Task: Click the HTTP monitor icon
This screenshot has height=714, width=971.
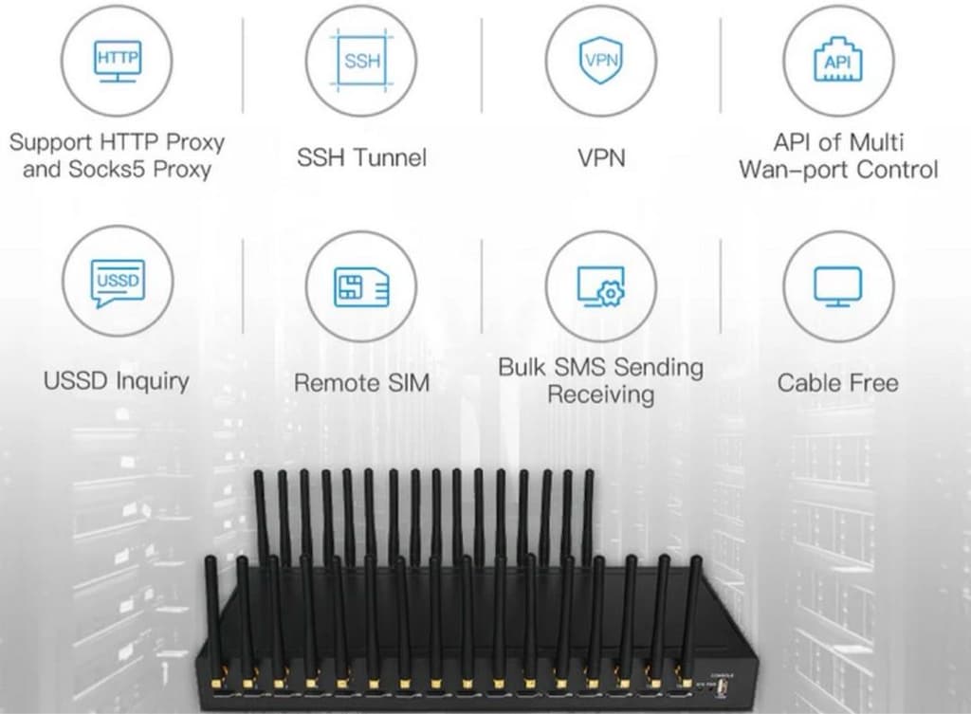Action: pyautogui.click(x=117, y=61)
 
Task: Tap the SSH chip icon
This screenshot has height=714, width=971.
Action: pyautogui.click(x=362, y=61)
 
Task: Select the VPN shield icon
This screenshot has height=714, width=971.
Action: pyautogui.click(x=600, y=60)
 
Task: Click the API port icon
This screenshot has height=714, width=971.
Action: pyautogui.click(x=838, y=60)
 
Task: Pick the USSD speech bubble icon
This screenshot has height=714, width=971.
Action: pyautogui.click(x=118, y=283)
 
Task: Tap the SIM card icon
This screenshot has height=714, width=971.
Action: pyautogui.click(x=361, y=286)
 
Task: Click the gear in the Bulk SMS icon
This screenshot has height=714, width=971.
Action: pyautogui.click(x=612, y=293)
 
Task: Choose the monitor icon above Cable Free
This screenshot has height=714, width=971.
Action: pyautogui.click(x=837, y=286)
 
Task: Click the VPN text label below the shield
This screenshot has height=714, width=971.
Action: pyautogui.click(x=601, y=157)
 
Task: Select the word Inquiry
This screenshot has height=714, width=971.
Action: pyautogui.click(x=152, y=381)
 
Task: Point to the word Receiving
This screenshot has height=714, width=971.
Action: pyautogui.click(x=600, y=395)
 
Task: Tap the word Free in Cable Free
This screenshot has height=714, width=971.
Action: pyautogui.click(x=871, y=383)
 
